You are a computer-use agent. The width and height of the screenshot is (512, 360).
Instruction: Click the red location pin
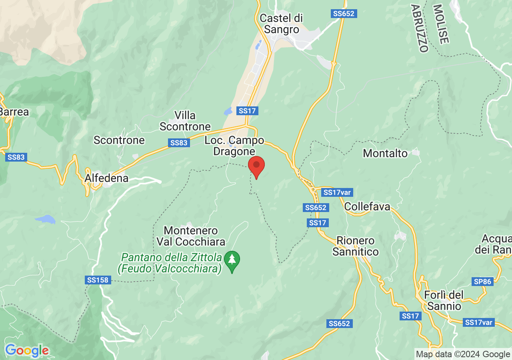coord(256,166)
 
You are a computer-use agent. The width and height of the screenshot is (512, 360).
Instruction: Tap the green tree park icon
coord(232,260)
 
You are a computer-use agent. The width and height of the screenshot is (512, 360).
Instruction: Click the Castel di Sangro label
coord(281,24)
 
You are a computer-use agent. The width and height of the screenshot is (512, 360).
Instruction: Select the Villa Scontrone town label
coord(185,121)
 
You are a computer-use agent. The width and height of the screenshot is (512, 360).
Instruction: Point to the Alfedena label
coord(107,178)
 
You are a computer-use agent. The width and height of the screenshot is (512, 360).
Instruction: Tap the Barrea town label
coord(14,112)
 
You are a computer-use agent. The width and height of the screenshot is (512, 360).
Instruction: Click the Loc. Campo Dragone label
coord(234,146)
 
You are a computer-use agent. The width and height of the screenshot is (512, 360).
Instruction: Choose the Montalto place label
coord(385,153)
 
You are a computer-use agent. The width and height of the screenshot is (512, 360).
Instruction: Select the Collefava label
coord(367,207)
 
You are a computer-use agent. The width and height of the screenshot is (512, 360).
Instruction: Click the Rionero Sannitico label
coord(356,246)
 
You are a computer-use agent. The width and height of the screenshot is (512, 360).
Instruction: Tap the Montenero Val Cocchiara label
coord(191,236)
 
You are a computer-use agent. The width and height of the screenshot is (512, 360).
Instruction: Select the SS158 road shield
coord(98,280)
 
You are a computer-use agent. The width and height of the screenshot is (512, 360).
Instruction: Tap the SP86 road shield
coord(482,282)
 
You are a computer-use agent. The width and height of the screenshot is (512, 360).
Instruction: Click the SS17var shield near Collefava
coord(337,192)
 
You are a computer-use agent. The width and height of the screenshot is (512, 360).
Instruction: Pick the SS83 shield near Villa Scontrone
coord(178,143)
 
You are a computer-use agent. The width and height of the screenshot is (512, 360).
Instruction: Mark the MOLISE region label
coord(441,24)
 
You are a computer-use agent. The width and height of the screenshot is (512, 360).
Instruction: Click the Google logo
coord(27,350)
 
